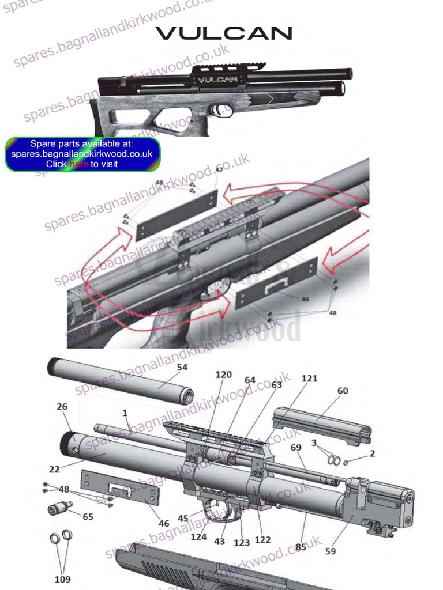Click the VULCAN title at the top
pyautogui.click(x=224, y=33)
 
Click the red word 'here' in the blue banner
pyautogui.click(x=79, y=164)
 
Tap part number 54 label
pyautogui.click(x=182, y=367)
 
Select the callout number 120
pyautogui.click(x=224, y=375)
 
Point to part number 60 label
pyautogui.click(x=343, y=391)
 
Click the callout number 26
pyautogui.click(x=62, y=406)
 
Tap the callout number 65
pyautogui.click(x=88, y=517)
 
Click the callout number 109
pyautogui.click(x=62, y=578)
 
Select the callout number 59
pyautogui.click(x=331, y=551)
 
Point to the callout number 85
pyautogui.click(x=301, y=547)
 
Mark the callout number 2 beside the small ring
pyautogui.click(x=372, y=453)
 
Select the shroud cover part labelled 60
pyautogui.click(x=320, y=425)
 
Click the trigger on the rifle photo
pyautogui.click(x=217, y=109)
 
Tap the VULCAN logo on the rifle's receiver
pyautogui.click(x=217, y=80)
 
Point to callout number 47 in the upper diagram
pyautogui.click(x=219, y=169)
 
